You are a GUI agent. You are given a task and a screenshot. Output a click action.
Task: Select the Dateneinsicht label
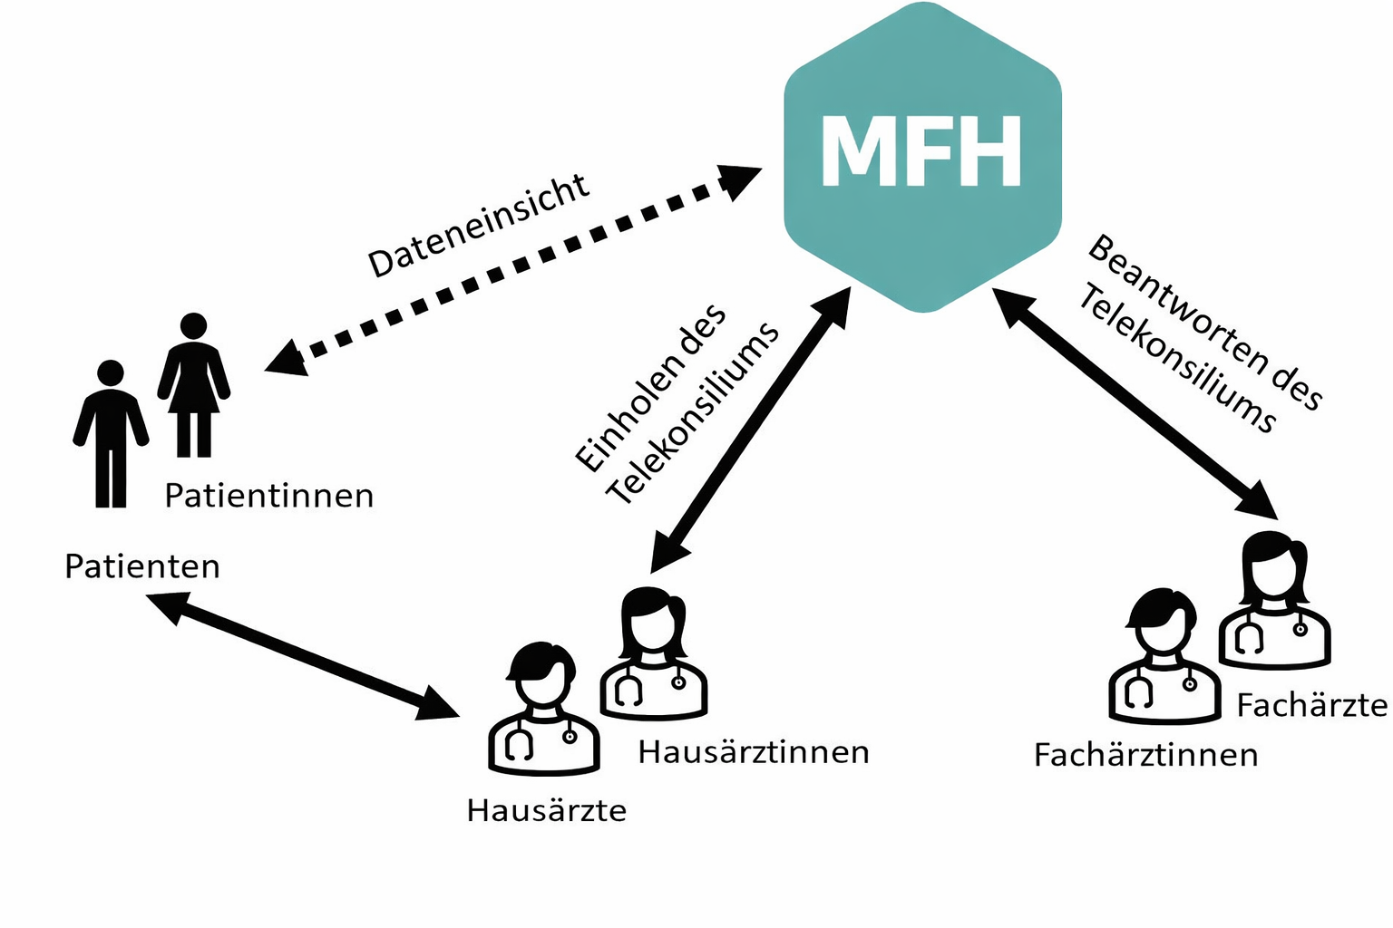pyautogui.click(x=478, y=226)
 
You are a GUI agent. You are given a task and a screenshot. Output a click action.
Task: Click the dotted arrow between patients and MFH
pyautogui.click(x=512, y=267)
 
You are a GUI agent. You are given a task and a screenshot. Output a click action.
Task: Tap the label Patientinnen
pyautogui.click(x=268, y=496)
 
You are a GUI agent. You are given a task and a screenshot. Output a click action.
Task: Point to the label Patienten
pyautogui.click(x=142, y=566)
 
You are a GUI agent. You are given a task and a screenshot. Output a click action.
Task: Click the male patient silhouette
pyautogui.click(x=111, y=435)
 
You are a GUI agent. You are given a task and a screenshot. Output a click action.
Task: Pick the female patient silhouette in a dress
pyautogui.click(x=193, y=385)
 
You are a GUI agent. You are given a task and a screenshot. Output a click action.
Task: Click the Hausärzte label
pyautogui.click(x=546, y=810)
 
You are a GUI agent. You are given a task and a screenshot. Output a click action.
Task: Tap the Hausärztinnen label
pyautogui.click(x=754, y=752)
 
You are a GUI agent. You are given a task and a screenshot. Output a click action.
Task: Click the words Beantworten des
pyautogui.click(x=1205, y=322)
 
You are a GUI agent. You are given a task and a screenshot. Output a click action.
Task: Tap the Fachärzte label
pyautogui.click(x=1311, y=705)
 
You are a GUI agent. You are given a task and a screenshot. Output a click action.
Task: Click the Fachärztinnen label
pyautogui.click(x=1145, y=755)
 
